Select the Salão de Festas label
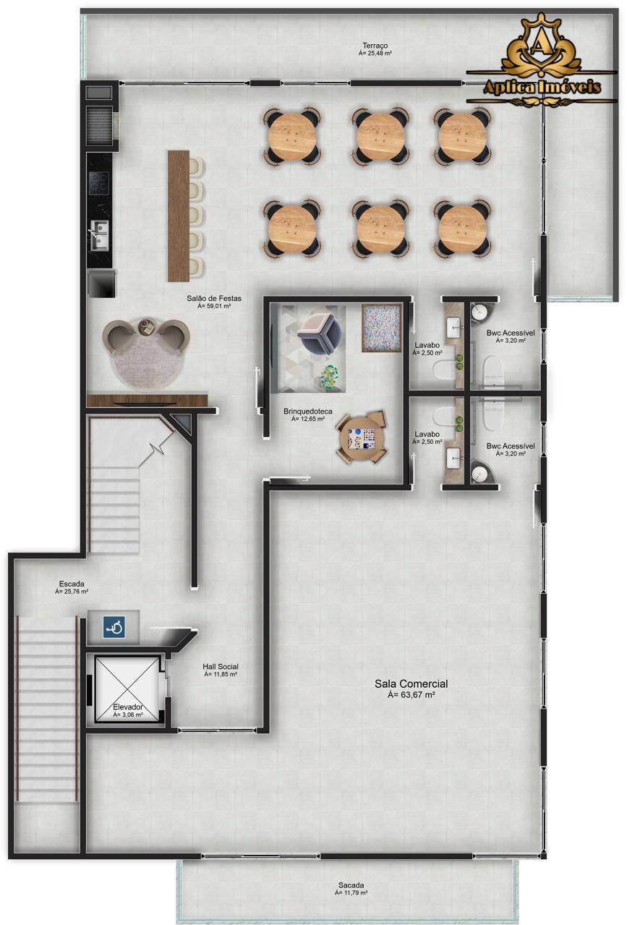[x=213, y=298]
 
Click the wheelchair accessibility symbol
[x=114, y=627]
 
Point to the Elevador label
[x=127, y=707]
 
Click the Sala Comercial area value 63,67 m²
[x=411, y=695]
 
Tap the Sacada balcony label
[x=351, y=885]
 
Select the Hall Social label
[x=221, y=666]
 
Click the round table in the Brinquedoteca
[x=361, y=438]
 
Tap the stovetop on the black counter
[x=98, y=182]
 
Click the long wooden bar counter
[x=179, y=216]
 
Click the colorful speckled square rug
[x=381, y=328]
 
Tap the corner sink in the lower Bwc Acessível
[x=481, y=473]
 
